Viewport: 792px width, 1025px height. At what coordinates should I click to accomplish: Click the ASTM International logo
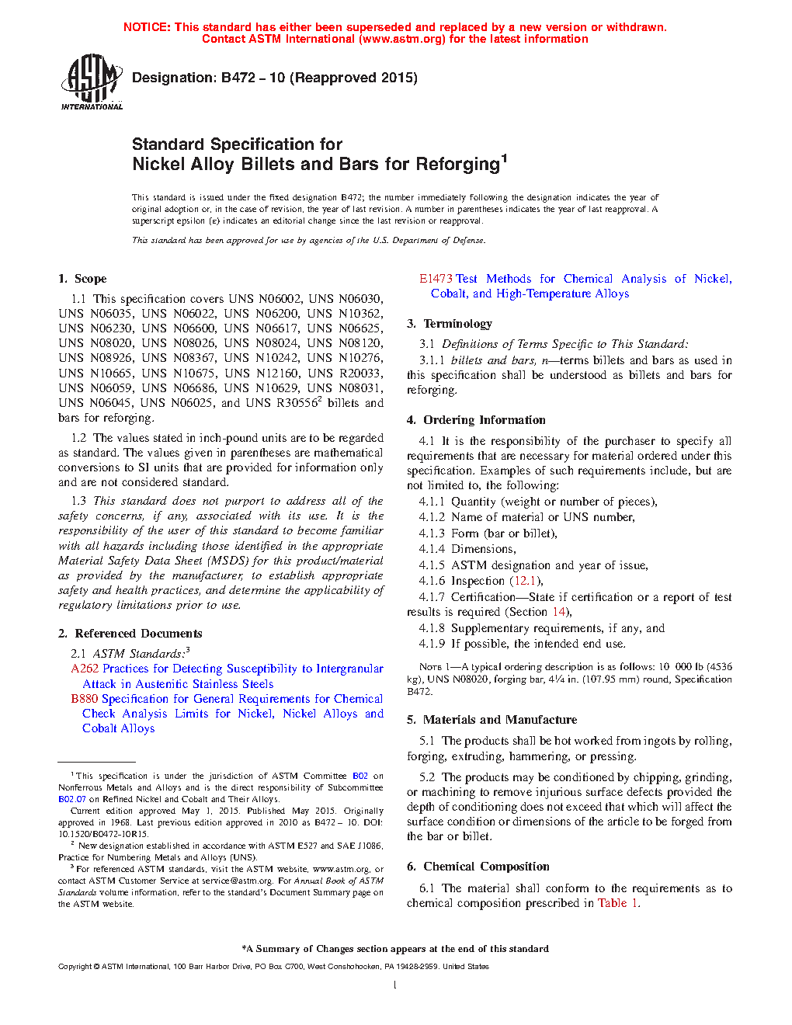(x=92, y=82)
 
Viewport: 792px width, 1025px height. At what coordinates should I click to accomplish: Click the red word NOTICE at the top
(x=147, y=27)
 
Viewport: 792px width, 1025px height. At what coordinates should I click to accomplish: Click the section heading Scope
(x=91, y=279)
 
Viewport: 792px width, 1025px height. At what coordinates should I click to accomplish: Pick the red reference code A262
(x=85, y=669)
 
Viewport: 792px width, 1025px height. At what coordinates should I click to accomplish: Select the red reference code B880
(x=85, y=699)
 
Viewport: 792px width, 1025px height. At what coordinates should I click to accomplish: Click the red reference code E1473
(x=436, y=279)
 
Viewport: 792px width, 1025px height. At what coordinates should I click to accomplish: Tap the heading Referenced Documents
(x=138, y=634)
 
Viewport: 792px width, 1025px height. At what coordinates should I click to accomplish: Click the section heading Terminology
(x=457, y=324)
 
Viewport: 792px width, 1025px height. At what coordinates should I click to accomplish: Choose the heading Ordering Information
(x=484, y=420)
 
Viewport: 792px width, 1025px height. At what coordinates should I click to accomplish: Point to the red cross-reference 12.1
(x=525, y=581)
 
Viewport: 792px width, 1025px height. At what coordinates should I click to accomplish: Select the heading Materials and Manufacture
(x=499, y=720)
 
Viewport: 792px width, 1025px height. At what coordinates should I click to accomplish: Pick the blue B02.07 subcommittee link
(x=72, y=799)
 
